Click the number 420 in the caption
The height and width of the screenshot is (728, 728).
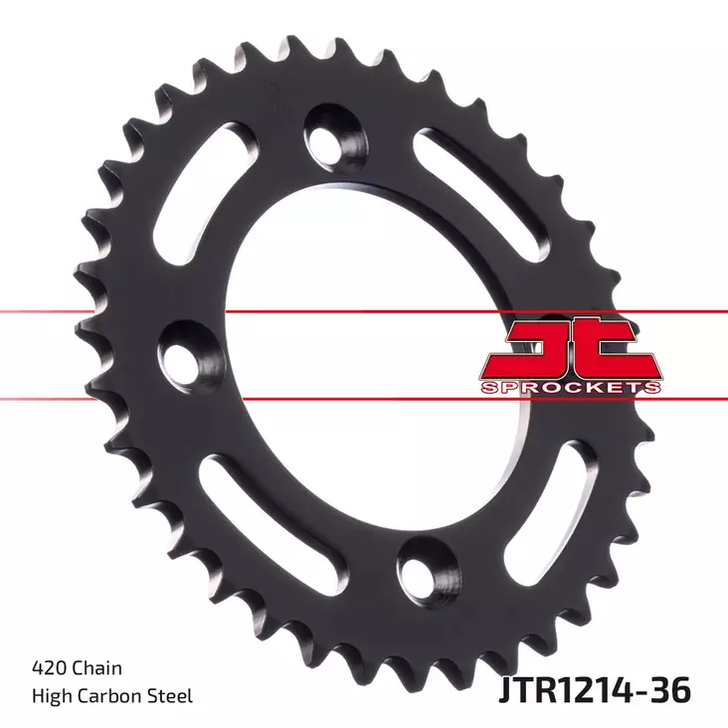(49, 669)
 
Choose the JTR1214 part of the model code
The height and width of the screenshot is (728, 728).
(571, 688)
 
